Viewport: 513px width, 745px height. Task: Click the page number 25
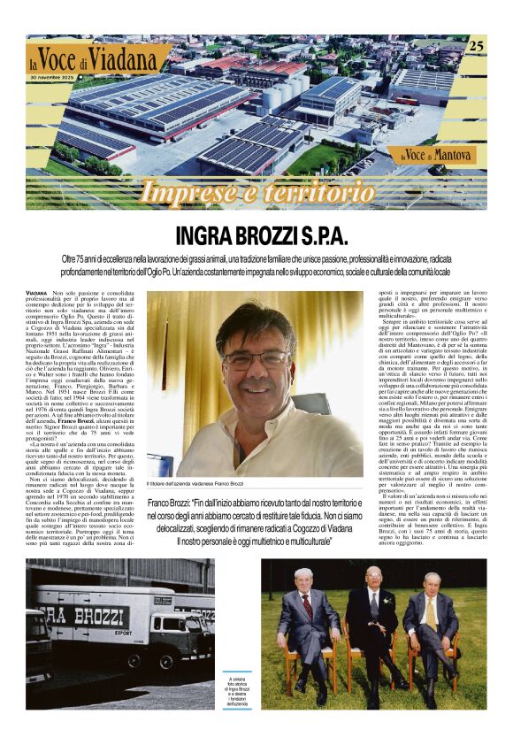[476, 45]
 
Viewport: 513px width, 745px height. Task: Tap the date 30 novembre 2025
[59, 79]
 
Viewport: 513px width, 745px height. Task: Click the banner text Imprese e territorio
[257, 190]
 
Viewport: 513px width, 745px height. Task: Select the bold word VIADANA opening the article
[37, 292]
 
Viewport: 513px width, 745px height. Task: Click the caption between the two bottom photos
[237, 692]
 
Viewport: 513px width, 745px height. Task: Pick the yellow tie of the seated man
[431, 613]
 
